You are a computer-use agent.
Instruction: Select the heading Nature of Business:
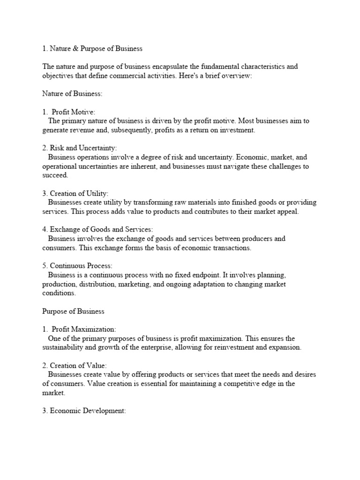72,94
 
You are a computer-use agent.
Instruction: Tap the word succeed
55,175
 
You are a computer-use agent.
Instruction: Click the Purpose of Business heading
73,311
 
